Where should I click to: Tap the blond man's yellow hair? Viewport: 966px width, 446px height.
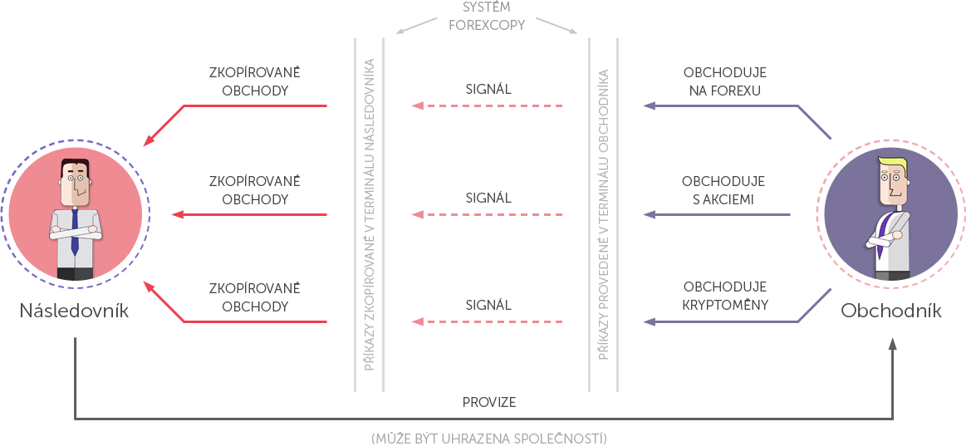tap(894, 162)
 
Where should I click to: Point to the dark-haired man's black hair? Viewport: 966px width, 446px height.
tap(75, 164)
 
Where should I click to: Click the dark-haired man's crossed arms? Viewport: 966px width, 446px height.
tap(75, 233)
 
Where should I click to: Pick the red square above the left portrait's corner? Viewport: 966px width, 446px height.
tap(167, 123)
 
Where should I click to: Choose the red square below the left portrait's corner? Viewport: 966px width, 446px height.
tap(167, 305)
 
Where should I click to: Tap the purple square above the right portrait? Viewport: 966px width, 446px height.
tap(814, 122)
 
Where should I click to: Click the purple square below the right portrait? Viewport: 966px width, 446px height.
tap(814, 306)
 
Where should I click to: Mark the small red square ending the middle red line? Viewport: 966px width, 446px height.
tap(177, 214)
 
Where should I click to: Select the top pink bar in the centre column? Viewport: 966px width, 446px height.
tap(487, 105)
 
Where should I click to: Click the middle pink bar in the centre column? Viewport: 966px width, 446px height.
tap(487, 214)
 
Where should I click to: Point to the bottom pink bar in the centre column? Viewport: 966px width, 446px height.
tap(487, 321)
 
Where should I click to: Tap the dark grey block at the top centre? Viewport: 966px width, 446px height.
tap(487, 15)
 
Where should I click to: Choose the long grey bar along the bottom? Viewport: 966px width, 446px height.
tap(488, 438)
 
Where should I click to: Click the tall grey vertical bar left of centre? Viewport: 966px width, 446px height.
tap(368, 213)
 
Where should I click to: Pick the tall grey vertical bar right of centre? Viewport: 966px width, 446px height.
tap(602, 213)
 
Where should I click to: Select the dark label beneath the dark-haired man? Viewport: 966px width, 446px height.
tap(75, 310)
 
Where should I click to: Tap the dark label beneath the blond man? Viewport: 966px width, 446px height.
tap(891, 310)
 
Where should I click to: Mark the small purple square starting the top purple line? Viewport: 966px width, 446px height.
tap(650, 106)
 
